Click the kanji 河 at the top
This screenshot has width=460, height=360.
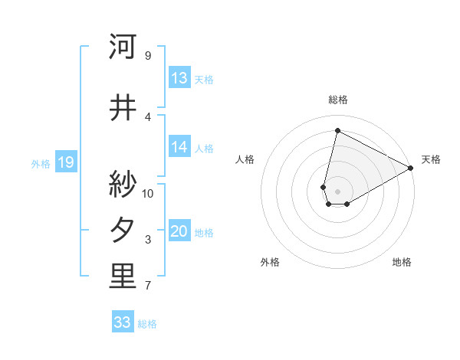coord(123,47)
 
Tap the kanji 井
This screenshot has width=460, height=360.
coord(123,108)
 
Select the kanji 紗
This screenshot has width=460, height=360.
coord(123,183)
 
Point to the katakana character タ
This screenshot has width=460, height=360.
coord(123,231)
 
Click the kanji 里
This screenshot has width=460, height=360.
coord(123,277)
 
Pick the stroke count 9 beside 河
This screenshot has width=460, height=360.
coord(147,56)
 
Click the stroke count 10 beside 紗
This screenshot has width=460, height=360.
coord(148,193)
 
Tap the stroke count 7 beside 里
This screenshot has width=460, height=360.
coord(147,286)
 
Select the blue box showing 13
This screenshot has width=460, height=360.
coord(179,78)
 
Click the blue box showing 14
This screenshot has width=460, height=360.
coord(179,147)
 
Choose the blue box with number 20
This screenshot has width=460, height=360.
coord(179,231)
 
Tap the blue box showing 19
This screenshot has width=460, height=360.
coord(66,162)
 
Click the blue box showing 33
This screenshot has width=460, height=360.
coord(123,322)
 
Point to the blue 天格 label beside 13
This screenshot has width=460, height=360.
coord(204,79)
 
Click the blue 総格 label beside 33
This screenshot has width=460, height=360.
coord(147,324)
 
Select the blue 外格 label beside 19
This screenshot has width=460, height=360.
coord(41,163)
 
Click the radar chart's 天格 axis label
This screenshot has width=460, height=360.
coord(431,159)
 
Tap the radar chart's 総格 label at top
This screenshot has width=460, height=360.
coord(338,100)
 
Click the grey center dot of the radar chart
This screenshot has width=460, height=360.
coord(337,191)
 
